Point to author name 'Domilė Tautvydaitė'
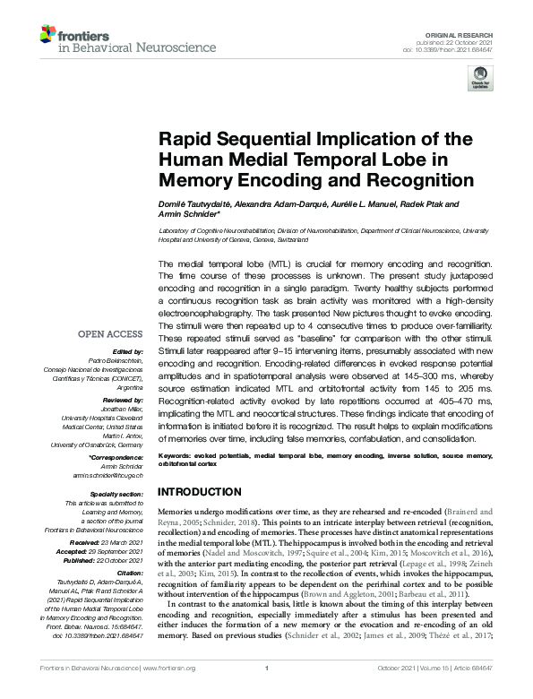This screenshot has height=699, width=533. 191,204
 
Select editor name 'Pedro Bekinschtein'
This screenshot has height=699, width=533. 117,359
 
